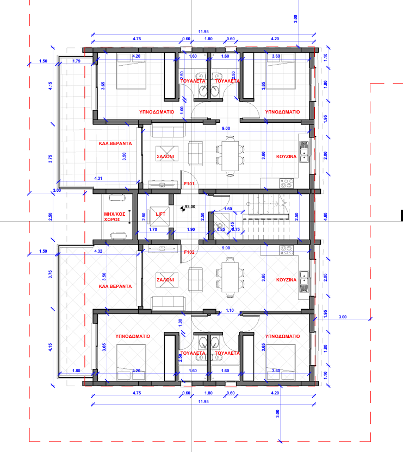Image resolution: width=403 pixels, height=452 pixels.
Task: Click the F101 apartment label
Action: click(189, 184)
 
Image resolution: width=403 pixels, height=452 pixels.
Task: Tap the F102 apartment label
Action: click(189, 252)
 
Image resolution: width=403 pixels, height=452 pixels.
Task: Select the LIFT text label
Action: click(160, 214)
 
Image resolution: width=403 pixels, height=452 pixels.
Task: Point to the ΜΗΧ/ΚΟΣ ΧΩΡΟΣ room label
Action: click(114, 217)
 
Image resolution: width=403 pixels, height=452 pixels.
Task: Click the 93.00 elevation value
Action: click(190, 206)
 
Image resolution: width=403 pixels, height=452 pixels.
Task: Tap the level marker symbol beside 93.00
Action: click(182, 209)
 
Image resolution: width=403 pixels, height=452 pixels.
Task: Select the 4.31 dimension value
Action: click(98, 178)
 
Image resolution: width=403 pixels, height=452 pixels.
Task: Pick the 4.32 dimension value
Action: click(98, 251)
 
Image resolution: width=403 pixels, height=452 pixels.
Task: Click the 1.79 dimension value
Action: click(77, 61)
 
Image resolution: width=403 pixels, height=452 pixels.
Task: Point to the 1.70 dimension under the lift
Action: click(153, 229)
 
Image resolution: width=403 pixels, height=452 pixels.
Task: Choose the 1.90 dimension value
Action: click(191, 229)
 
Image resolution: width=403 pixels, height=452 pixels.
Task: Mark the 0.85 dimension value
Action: click(221, 229)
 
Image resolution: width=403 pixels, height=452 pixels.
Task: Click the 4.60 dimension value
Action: click(325, 216)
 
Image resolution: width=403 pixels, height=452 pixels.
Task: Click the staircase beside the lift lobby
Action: click(265, 216)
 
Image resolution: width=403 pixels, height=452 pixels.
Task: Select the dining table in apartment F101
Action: click(230, 156)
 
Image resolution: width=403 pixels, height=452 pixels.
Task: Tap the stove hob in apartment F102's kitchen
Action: click(287, 250)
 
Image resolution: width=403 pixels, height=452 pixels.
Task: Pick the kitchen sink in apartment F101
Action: click(304, 152)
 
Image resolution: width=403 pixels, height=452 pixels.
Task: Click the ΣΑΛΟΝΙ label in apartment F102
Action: click(165, 280)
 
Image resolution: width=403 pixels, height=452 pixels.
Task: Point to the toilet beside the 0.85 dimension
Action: click(220, 226)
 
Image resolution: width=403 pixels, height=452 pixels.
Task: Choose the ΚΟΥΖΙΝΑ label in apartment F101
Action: click(287, 156)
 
